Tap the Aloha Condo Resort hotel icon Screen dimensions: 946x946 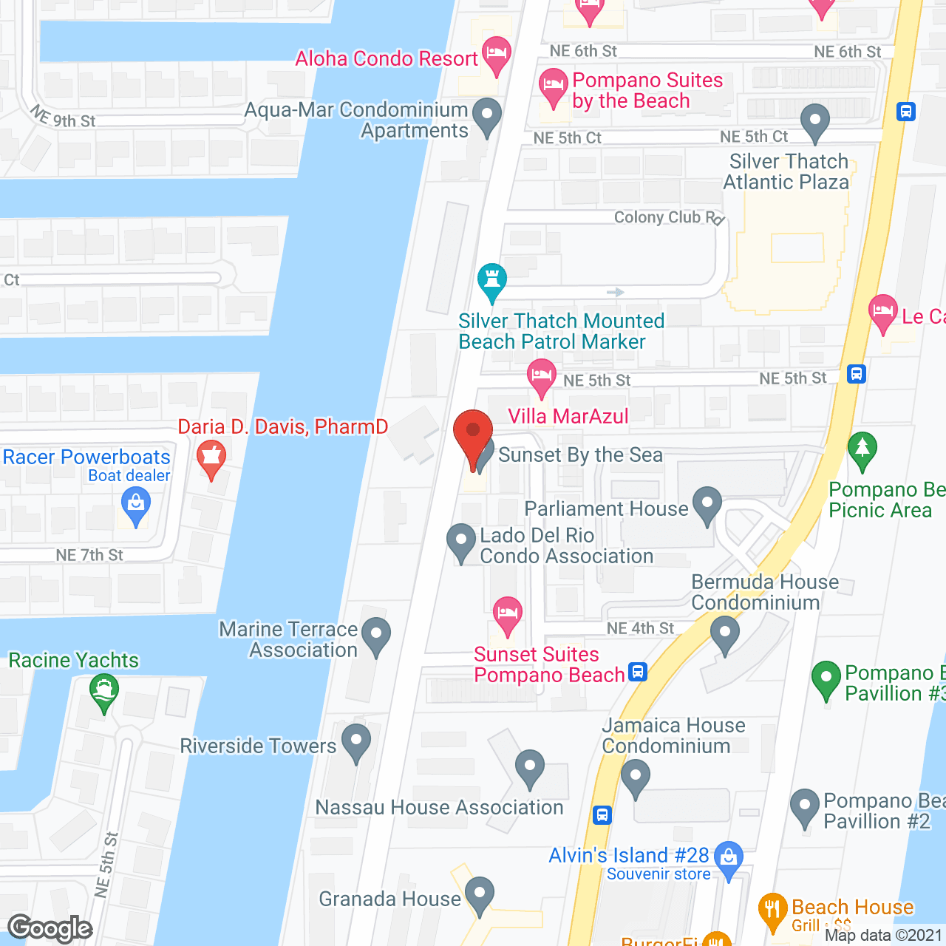click(x=496, y=54)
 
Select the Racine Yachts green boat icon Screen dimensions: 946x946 click(x=103, y=692)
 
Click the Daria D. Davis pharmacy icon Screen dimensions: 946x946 click(x=211, y=457)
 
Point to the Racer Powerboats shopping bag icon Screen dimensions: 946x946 click(x=135, y=506)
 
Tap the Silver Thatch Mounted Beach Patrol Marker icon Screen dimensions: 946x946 click(x=491, y=281)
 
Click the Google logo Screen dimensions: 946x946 click(x=50, y=928)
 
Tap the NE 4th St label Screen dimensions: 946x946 click(x=640, y=628)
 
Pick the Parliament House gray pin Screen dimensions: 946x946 click(x=707, y=504)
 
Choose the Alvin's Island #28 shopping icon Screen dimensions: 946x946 click(x=729, y=859)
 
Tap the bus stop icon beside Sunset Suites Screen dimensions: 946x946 click(x=638, y=672)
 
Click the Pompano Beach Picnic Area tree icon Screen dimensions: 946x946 click(x=862, y=449)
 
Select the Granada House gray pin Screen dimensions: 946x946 click(x=480, y=894)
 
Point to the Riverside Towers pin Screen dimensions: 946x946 click(x=356, y=741)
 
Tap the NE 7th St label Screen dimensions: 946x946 click(x=89, y=555)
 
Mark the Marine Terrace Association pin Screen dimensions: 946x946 click(x=376, y=635)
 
